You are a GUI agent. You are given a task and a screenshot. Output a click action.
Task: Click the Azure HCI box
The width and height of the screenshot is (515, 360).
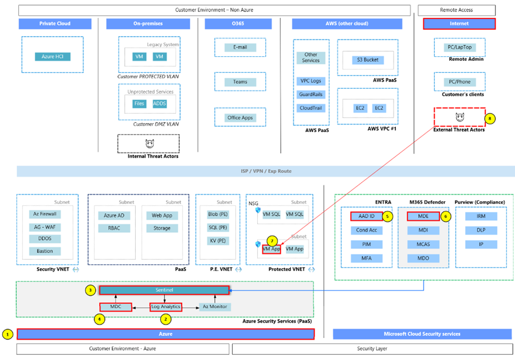52,57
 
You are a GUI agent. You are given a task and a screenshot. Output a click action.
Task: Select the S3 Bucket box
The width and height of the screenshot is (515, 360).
368,60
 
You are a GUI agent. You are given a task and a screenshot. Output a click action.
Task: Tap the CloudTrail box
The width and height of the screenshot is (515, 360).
311,108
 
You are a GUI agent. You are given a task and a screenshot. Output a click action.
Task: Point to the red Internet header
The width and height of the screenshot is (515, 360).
459,24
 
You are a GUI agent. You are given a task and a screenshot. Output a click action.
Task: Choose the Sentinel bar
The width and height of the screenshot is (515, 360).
164,291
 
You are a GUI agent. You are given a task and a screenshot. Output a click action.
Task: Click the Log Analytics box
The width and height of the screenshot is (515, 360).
166,307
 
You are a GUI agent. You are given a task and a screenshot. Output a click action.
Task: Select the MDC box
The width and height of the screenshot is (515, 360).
115,307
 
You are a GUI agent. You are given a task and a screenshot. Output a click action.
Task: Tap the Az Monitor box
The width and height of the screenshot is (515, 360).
215,307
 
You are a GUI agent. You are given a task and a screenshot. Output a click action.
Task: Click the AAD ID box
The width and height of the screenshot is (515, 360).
363,217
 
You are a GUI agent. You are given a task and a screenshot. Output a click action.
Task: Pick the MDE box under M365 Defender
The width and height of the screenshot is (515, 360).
423,217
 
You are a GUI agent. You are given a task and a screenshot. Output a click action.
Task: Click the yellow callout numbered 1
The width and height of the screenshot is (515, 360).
7,334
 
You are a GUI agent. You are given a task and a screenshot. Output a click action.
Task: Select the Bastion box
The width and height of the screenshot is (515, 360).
45,251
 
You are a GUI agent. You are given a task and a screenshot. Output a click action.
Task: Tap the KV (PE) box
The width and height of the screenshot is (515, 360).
218,241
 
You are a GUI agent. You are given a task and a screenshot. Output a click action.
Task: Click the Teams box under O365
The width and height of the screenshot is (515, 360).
240,81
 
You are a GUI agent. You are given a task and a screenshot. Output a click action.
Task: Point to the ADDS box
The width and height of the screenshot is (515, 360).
160,104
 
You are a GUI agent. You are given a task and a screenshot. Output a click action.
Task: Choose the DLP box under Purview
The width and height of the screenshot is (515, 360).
482,230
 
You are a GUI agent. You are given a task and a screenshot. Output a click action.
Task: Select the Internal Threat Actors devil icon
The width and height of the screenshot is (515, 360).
148,143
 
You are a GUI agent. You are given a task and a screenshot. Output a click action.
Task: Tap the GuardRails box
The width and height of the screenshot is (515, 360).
311,95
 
